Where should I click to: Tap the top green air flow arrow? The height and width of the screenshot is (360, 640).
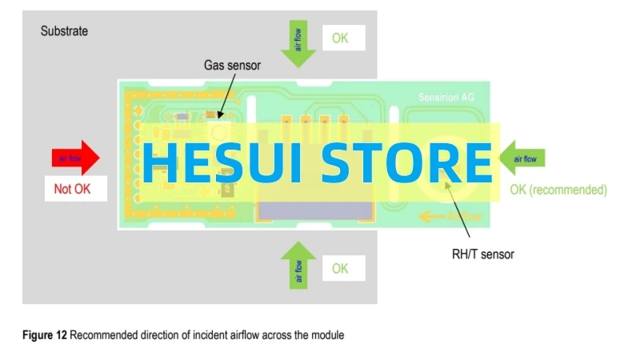click(x=299, y=44)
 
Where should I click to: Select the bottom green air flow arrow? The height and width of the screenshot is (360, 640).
click(x=298, y=265)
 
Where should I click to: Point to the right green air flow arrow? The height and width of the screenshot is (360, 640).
click(x=523, y=158)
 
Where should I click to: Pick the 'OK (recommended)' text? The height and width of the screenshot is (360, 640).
click(x=558, y=190)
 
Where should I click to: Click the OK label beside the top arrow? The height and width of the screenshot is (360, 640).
click(x=340, y=38)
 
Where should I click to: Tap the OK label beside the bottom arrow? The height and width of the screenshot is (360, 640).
click(x=340, y=269)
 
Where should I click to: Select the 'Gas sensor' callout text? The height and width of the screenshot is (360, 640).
click(x=232, y=66)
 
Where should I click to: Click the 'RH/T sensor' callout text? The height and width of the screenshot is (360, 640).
click(x=483, y=254)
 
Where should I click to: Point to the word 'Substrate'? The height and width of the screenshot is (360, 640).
click(x=64, y=32)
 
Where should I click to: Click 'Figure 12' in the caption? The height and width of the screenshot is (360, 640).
click(x=44, y=335)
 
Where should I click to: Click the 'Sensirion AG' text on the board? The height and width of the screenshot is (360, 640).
click(x=446, y=97)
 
